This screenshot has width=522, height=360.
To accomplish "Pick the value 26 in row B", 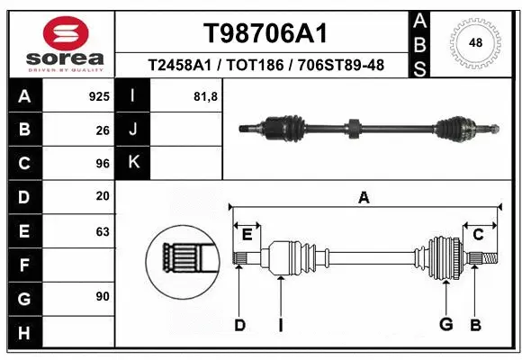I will tap(103, 130).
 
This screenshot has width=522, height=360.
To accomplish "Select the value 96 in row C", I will tap(103, 164).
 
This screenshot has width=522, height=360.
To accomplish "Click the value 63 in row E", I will tap(103, 231).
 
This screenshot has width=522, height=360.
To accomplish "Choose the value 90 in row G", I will tap(103, 296).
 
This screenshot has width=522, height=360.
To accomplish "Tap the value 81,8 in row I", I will tap(205, 94).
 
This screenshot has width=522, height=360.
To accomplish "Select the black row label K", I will tap(133, 163).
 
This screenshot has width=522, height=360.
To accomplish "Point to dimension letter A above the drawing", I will tap(364, 198).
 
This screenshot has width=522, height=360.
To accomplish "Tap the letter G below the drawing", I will tap(445, 325).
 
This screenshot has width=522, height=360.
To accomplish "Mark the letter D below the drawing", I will tap(239, 325).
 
